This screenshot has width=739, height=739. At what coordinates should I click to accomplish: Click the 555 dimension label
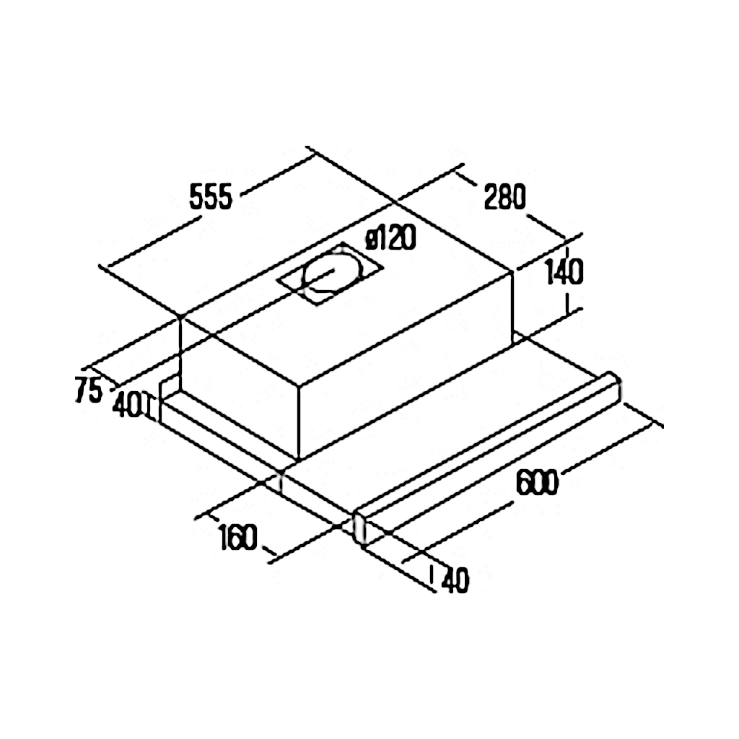(211, 197)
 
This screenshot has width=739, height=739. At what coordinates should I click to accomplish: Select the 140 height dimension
(564, 272)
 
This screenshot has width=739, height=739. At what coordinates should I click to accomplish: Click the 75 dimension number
(89, 390)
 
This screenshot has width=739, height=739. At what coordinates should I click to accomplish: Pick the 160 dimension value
(238, 537)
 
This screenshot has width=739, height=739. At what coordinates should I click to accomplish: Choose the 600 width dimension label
(537, 481)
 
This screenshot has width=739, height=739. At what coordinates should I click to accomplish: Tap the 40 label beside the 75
(127, 406)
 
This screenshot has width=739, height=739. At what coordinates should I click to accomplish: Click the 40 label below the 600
(455, 581)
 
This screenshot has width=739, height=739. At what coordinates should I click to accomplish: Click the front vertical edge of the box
(299, 421)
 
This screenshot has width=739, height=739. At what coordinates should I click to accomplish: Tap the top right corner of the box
(512, 272)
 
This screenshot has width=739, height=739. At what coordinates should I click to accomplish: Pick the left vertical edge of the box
(180, 354)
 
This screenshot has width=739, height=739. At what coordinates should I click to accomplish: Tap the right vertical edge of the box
(512, 308)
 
